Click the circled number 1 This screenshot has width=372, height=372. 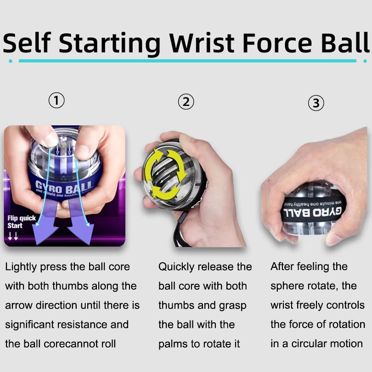point(56,100)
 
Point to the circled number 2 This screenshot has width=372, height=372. point(186,102)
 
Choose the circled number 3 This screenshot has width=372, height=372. point(316,103)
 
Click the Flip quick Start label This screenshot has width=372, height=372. point(21,222)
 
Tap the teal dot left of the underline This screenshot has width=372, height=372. point(10,61)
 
